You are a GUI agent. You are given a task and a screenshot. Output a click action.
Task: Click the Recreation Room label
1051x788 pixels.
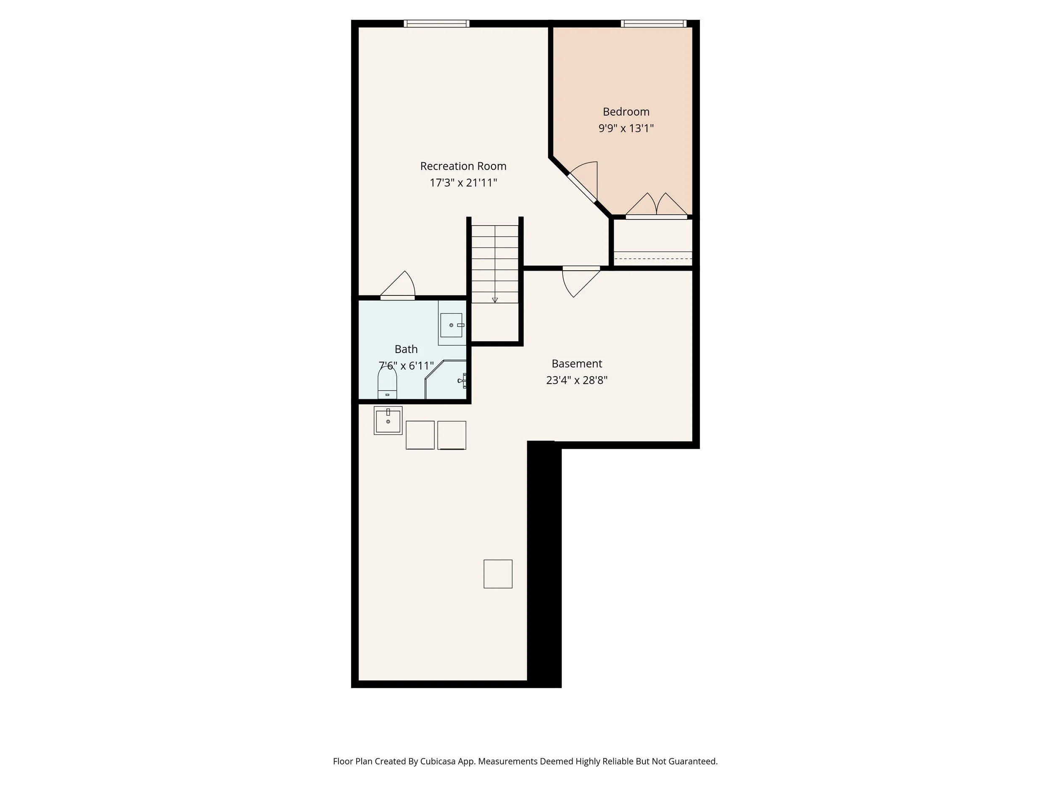pos(463,166)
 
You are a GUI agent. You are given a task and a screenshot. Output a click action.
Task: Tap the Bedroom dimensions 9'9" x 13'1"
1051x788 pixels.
pos(626,128)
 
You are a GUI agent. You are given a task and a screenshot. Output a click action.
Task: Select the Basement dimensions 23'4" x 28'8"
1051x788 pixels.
pos(576,380)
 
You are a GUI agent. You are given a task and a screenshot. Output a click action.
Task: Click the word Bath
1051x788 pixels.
pos(406,349)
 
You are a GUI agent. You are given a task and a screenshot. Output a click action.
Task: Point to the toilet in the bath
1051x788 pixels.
pos(387,383)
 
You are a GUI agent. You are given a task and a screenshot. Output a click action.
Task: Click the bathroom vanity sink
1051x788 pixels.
pos(451,325)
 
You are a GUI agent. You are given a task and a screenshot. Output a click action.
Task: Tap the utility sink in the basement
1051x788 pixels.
pos(388,420)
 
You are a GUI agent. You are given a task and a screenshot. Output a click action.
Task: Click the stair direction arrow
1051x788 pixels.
pos(495,299)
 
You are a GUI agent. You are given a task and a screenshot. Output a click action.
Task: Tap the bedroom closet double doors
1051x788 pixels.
pos(656,207)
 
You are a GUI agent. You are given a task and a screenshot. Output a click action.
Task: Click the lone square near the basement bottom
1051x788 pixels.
pos(497,574)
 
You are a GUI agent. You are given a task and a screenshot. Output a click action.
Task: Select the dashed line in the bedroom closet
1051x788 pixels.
pos(653,259)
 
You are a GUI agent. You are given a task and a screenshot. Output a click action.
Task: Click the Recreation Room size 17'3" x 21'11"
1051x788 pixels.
pos(463,183)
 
